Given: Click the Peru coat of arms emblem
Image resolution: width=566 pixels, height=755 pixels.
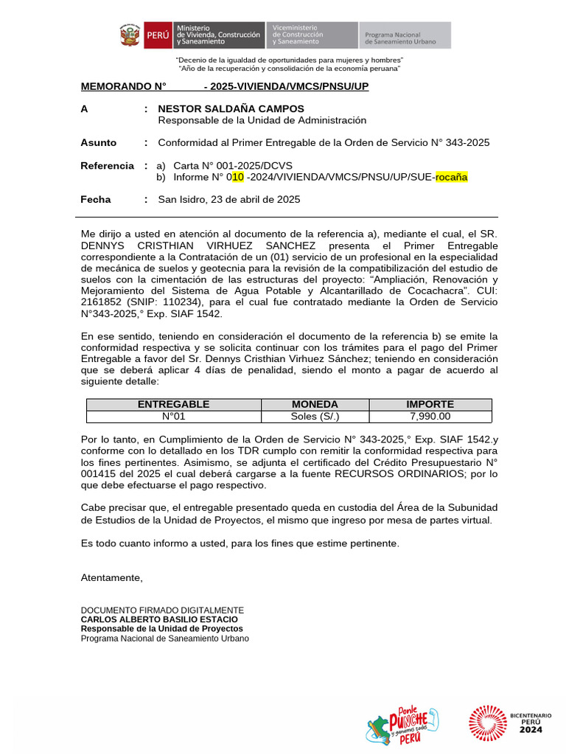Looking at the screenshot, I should click(x=130, y=35).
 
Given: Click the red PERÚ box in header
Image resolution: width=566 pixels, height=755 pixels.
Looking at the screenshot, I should click(x=157, y=35).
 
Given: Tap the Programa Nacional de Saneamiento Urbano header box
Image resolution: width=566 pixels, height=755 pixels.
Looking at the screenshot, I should click(x=405, y=35).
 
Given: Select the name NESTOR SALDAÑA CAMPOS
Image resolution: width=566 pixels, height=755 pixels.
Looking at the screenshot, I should click(x=231, y=108).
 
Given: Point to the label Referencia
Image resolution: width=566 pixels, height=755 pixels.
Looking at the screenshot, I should click(x=107, y=166).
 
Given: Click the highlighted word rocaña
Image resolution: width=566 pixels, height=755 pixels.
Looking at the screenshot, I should click(x=451, y=177).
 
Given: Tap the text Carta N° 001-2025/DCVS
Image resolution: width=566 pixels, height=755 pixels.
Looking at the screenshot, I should click(x=233, y=166).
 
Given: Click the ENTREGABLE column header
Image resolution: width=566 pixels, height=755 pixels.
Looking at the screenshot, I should click(x=173, y=404).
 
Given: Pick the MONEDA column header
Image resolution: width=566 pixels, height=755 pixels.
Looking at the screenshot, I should click(x=315, y=404).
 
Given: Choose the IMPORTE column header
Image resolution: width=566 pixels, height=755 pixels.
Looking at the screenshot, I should click(x=430, y=404).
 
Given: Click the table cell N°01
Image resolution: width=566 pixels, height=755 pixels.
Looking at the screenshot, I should click(x=173, y=416).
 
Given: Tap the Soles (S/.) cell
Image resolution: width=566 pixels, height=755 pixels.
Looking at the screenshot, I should click(x=315, y=416).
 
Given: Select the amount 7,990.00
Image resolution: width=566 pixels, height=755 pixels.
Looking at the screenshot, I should click(x=430, y=416).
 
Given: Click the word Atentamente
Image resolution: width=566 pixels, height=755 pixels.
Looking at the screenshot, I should click(x=111, y=577).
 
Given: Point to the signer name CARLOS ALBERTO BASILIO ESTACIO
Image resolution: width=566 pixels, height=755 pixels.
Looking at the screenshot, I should click(x=159, y=619).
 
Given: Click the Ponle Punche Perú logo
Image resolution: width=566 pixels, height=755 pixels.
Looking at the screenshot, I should click(x=402, y=726).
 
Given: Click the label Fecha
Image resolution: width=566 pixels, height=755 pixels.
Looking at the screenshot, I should click(x=96, y=199).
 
